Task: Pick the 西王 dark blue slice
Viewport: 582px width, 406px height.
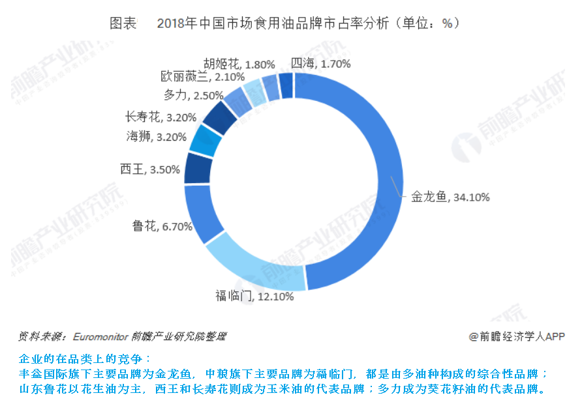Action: (196, 167)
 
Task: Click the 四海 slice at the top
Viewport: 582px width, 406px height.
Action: (286, 85)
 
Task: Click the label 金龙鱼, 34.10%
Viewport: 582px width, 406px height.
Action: (450, 197)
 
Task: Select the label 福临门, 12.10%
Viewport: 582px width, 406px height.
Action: (254, 297)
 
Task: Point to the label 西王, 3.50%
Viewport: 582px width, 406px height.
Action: (149, 169)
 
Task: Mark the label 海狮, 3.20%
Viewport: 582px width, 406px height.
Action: (157, 137)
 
